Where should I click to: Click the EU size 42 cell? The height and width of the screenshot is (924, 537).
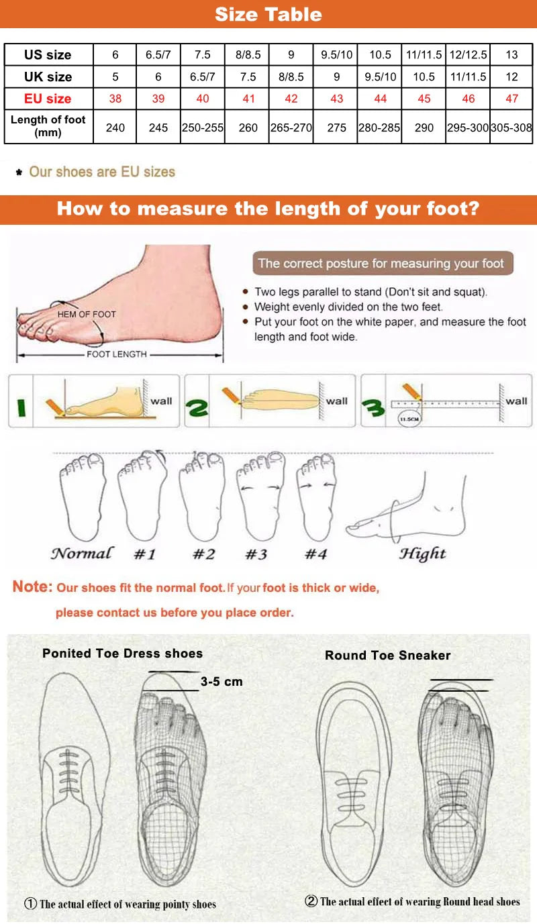(291, 99)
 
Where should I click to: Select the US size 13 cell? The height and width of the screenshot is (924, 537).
(512, 55)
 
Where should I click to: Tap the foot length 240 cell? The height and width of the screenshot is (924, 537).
(115, 127)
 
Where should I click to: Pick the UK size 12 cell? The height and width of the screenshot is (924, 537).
(512, 76)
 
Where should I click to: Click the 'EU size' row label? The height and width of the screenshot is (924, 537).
(48, 99)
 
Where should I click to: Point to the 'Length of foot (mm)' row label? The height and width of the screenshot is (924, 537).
(48, 126)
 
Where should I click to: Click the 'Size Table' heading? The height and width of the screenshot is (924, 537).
(268, 14)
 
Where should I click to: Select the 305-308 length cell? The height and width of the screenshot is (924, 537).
(512, 127)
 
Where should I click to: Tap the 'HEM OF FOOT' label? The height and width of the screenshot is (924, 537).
(87, 314)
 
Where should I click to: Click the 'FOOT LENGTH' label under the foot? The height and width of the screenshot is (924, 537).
(116, 354)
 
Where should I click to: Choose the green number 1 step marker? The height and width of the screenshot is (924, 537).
(21, 407)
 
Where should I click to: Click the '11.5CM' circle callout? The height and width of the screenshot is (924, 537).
(408, 419)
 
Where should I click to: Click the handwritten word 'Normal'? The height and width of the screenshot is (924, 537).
(81, 554)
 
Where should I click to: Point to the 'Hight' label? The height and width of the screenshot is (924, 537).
(422, 554)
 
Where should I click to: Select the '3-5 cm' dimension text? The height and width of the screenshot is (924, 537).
(222, 682)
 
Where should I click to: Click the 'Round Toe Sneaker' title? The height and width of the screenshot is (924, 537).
(387, 656)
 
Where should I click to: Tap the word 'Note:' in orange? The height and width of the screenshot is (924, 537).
(32, 587)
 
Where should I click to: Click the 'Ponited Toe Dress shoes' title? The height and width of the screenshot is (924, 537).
(122, 653)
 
